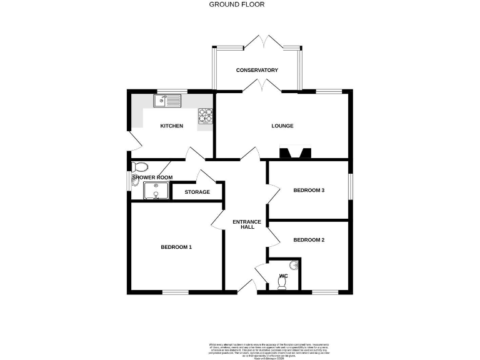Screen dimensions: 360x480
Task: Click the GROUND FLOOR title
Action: point(236,4)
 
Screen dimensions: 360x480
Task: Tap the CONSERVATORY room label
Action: point(257,70)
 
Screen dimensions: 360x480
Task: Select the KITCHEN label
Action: point(172,126)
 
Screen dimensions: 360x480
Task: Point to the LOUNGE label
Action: point(282,126)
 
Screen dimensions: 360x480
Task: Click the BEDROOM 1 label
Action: point(176,247)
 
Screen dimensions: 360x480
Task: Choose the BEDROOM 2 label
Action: point(309,240)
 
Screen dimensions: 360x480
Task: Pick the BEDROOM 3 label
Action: point(309,191)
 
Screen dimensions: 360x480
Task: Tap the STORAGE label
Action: point(197,192)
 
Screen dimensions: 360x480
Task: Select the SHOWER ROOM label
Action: point(152,177)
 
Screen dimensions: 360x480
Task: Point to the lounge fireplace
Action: point(295,152)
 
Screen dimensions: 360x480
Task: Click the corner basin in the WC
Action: point(294,264)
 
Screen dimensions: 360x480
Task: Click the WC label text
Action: point(283,275)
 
